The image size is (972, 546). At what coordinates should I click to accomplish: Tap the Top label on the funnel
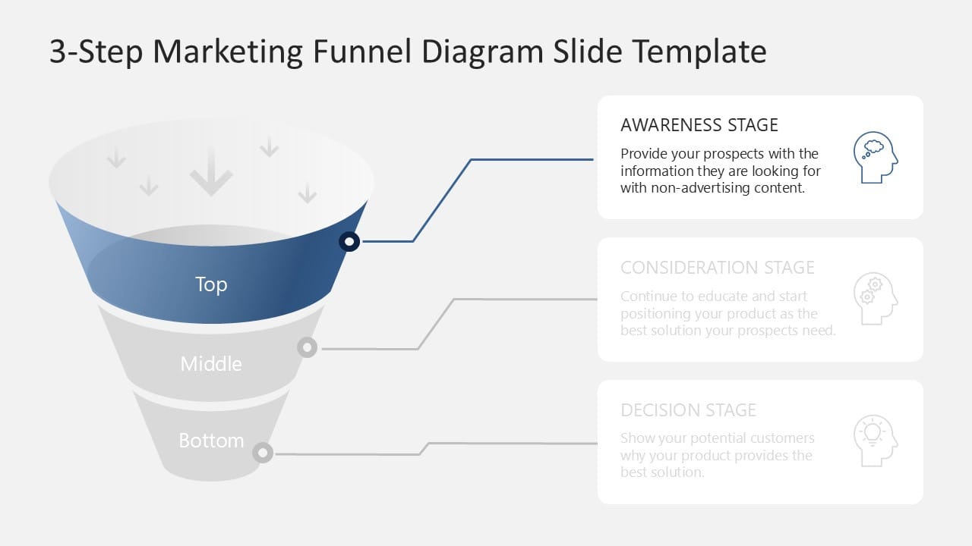click(x=211, y=284)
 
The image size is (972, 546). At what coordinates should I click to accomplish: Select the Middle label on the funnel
click(x=211, y=364)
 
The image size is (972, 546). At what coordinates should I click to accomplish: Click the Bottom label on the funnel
click(x=211, y=441)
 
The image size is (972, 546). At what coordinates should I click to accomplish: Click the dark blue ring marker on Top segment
click(x=349, y=241)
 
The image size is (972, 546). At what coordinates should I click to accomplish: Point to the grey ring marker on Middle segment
click(x=307, y=347)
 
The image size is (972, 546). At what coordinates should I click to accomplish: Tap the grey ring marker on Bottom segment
click(x=263, y=453)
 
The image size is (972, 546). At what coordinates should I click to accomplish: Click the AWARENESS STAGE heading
click(x=699, y=125)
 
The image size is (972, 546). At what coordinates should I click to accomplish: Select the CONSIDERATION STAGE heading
click(x=717, y=268)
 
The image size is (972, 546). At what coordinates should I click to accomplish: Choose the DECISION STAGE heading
click(x=688, y=410)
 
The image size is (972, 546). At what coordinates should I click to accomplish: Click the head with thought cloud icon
click(x=875, y=157)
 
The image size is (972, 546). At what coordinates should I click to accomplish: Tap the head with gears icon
click(x=875, y=299)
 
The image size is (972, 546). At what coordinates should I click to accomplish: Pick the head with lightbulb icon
click(x=875, y=441)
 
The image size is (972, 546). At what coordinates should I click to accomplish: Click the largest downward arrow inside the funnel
click(x=211, y=173)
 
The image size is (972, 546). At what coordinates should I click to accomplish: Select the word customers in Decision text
click(x=781, y=438)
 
